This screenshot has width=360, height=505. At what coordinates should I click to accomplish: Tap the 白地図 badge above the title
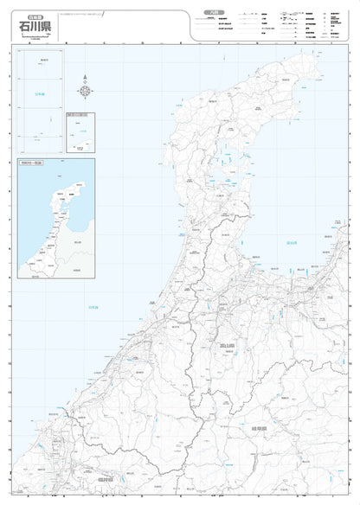point(32,16)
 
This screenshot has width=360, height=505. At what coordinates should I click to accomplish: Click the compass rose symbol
point(85,89)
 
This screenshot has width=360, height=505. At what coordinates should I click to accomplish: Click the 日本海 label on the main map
point(93,307)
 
